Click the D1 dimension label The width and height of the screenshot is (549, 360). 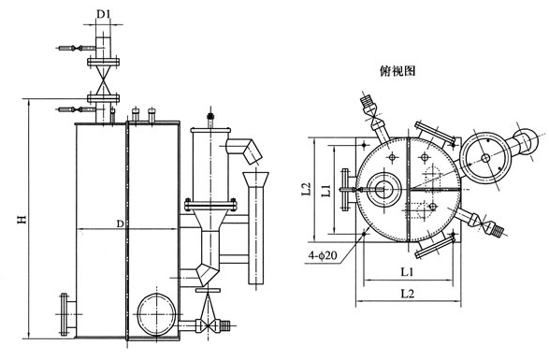[103, 14]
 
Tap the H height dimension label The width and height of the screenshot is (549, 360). [22, 219]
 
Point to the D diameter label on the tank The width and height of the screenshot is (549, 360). [120, 223]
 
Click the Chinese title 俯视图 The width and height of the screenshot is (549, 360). [397, 71]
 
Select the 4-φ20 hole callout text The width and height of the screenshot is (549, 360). [323, 255]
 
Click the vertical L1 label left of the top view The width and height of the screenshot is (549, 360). [326, 191]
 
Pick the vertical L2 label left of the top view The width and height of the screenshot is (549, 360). [307, 188]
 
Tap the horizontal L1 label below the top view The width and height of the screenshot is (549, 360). [407, 272]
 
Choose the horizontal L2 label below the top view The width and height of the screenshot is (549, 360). [407, 294]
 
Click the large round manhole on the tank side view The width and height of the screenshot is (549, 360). [156, 314]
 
